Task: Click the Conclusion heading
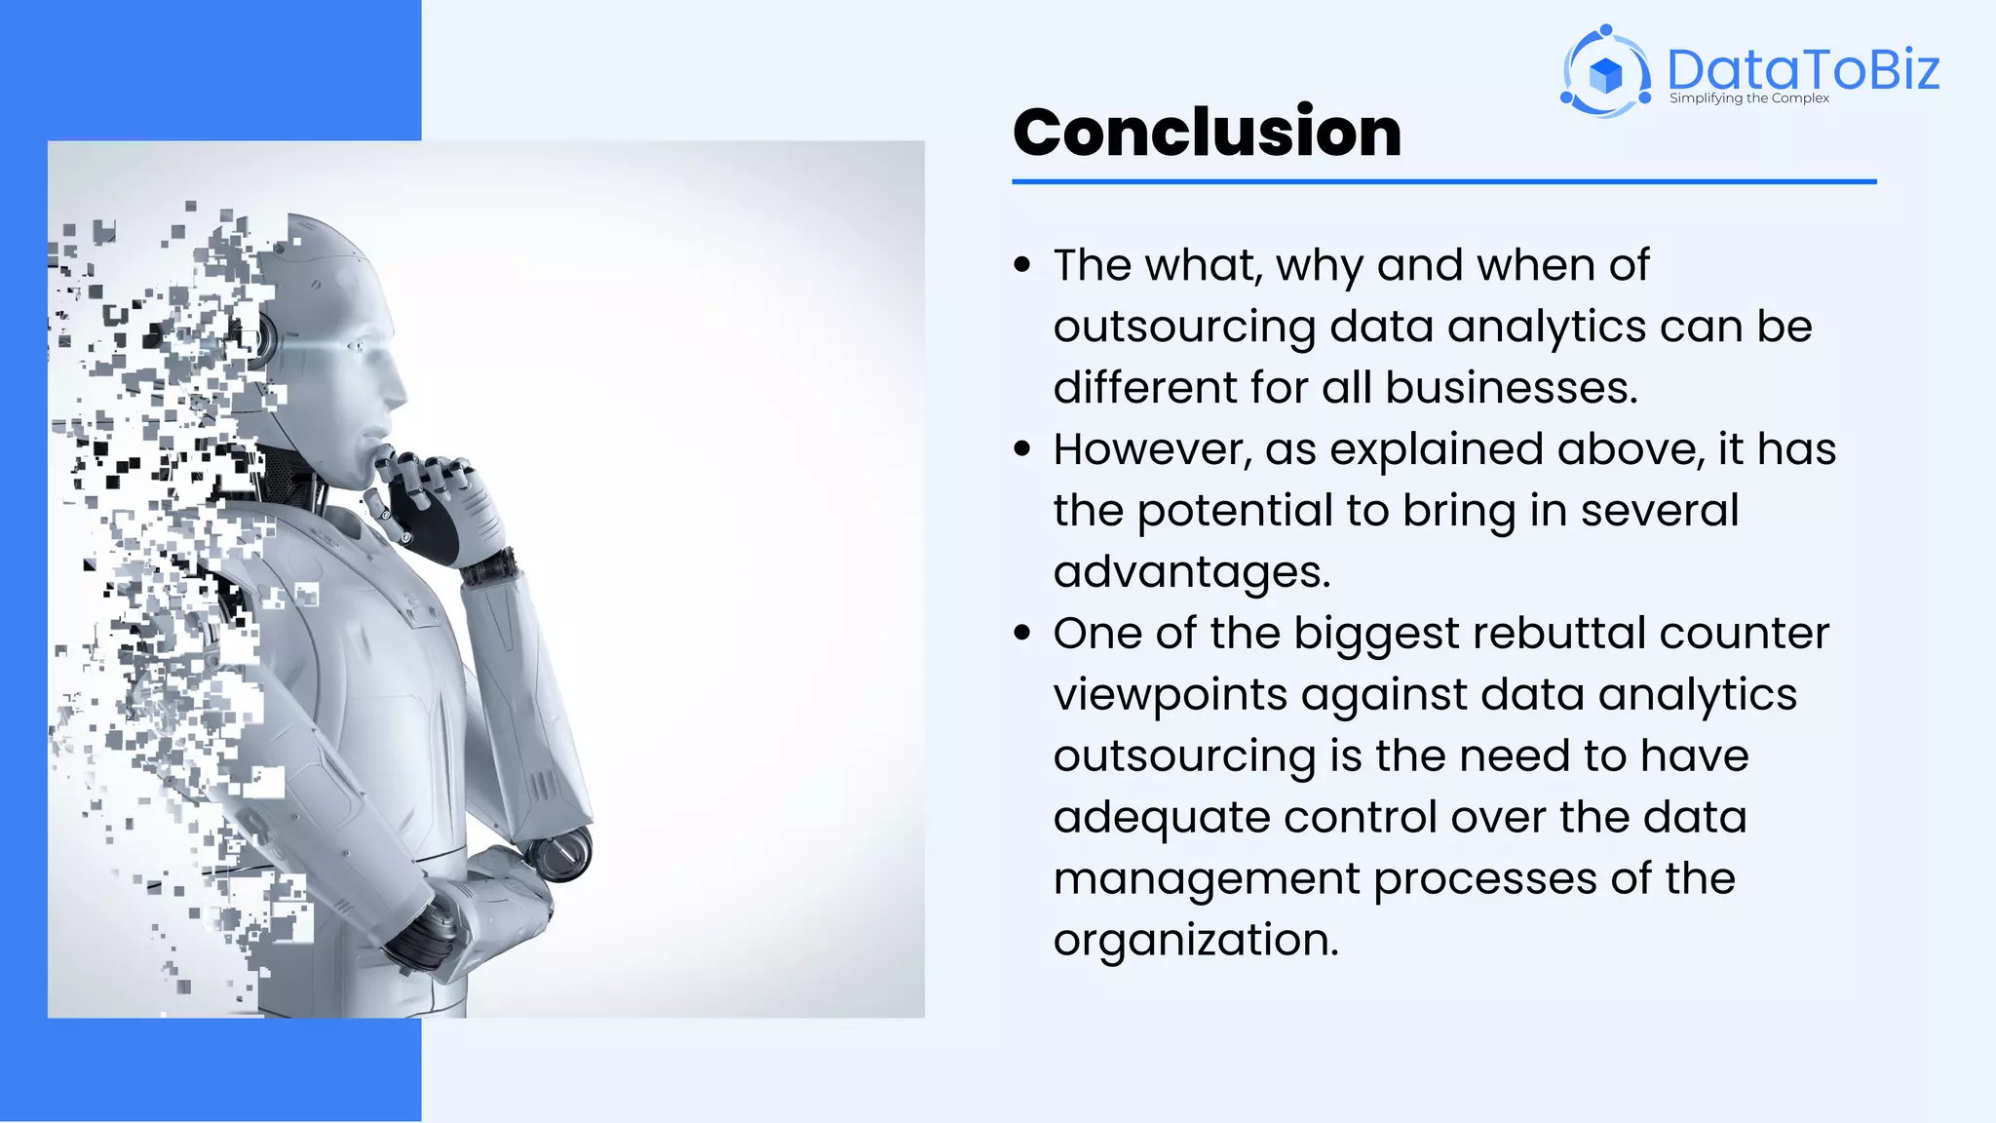tap(1207, 133)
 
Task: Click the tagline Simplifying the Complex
tap(1748, 98)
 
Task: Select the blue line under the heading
tap(1443, 181)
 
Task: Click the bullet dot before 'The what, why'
tap(1021, 265)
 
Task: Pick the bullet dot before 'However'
tap(1021, 449)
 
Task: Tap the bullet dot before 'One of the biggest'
tap(1021, 634)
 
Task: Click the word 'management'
tap(1206, 879)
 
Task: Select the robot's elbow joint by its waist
tap(561, 852)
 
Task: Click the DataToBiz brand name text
tap(1802, 69)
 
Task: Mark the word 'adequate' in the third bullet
tap(1161, 818)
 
